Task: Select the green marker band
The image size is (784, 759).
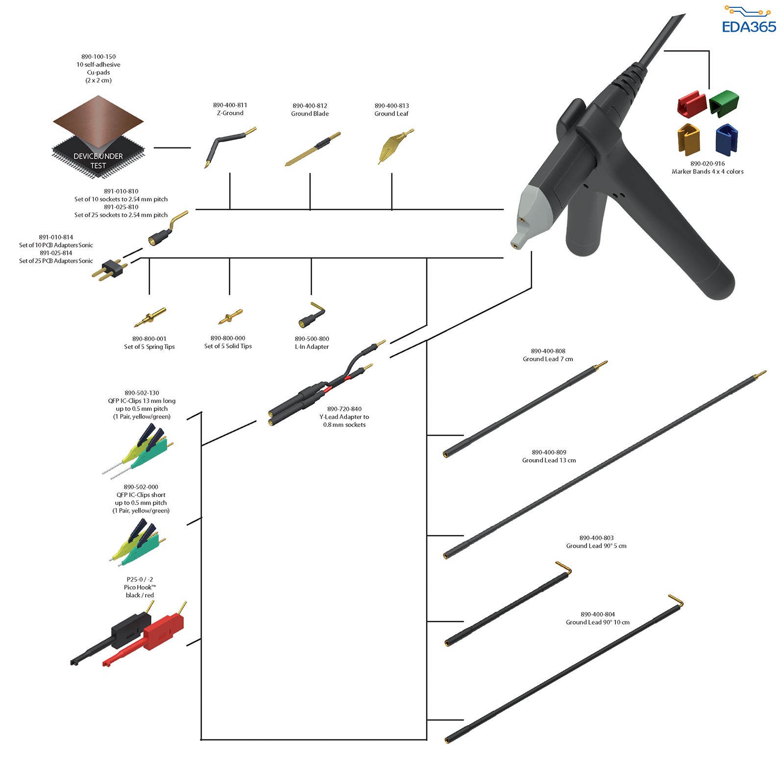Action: point(724,103)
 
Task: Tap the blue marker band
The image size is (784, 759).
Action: point(727,140)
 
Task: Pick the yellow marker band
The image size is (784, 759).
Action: point(689,140)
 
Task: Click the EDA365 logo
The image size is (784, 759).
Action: point(749,20)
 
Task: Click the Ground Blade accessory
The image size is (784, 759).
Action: point(313,149)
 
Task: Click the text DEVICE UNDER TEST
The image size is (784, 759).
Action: point(98,161)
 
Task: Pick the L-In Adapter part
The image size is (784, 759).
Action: point(312,315)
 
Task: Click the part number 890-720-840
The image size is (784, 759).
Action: point(344,409)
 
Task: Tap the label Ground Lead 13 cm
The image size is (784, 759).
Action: point(549,460)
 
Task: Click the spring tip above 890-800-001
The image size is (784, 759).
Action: point(149,318)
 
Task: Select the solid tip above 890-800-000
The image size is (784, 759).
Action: point(230,317)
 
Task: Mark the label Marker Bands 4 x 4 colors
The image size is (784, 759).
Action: point(708,171)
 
